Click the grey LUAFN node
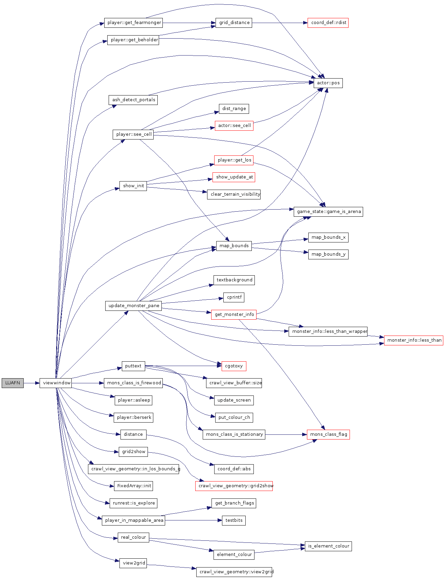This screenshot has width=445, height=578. point(13,383)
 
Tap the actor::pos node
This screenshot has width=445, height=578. point(328,83)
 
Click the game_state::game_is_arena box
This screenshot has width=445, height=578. point(328,212)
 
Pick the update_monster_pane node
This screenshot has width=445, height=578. point(134,306)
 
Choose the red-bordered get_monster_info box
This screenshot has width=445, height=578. point(234,315)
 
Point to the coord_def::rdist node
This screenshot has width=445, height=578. point(328,23)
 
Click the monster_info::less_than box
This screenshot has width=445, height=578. point(414,340)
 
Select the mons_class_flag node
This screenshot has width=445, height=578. point(328,434)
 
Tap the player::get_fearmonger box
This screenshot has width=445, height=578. point(134,23)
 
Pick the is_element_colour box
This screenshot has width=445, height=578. point(328,546)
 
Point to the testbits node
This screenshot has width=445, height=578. point(234,520)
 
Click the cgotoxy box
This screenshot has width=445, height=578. point(234,366)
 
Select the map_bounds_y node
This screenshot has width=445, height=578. point(328,254)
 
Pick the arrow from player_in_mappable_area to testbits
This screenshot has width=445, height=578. point(193,520)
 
